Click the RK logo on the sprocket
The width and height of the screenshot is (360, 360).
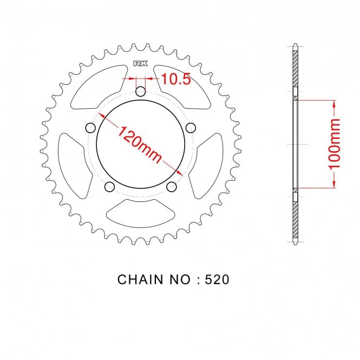pyautogui.click(x=141, y=63)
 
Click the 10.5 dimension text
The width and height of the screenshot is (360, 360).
pyautogui.click(x=176, y=78)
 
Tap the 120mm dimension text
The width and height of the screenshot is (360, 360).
pyautogui.click(x=140, y=145)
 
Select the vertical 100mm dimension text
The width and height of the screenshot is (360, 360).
pyautogui.click(x=335, y=144)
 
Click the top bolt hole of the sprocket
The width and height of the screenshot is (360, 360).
pyautogui.click(x=141, y=92)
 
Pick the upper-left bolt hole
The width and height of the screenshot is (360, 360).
pyautogui.click(x=90, y=128)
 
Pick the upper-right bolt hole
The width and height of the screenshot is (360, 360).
pyautogui.click(x=191, y=128)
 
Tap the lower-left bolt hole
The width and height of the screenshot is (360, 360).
pyautogui.click(x=109, y=187)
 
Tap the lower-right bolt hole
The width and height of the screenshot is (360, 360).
pyautogui.click(x=171, y=187)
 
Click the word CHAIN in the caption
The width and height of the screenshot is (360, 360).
pyautogui.click(x=140, y=280)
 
